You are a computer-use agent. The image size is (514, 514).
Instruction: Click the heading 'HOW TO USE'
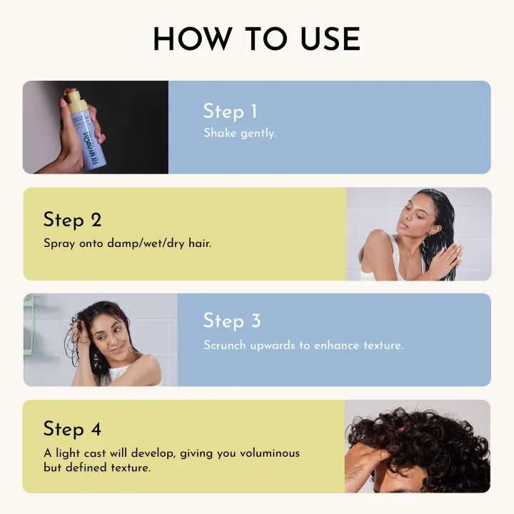tap(256, 39)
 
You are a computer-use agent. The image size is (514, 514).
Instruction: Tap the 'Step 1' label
tap(230, 111)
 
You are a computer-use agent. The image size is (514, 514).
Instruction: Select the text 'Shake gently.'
tap(239, 133)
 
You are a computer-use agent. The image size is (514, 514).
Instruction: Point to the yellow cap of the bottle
tap(77, 104)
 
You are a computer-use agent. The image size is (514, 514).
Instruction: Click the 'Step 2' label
tap(72, 219)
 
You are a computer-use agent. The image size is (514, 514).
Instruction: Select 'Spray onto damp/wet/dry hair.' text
tap(127, 243)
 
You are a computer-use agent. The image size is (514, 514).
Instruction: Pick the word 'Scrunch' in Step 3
tap(225, 345)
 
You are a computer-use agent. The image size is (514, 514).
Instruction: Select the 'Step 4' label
tap(72, 428)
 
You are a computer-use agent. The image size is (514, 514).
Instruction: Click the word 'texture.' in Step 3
tap(382, 345)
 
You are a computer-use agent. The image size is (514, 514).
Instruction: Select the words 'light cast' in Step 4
tap(79, 453)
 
